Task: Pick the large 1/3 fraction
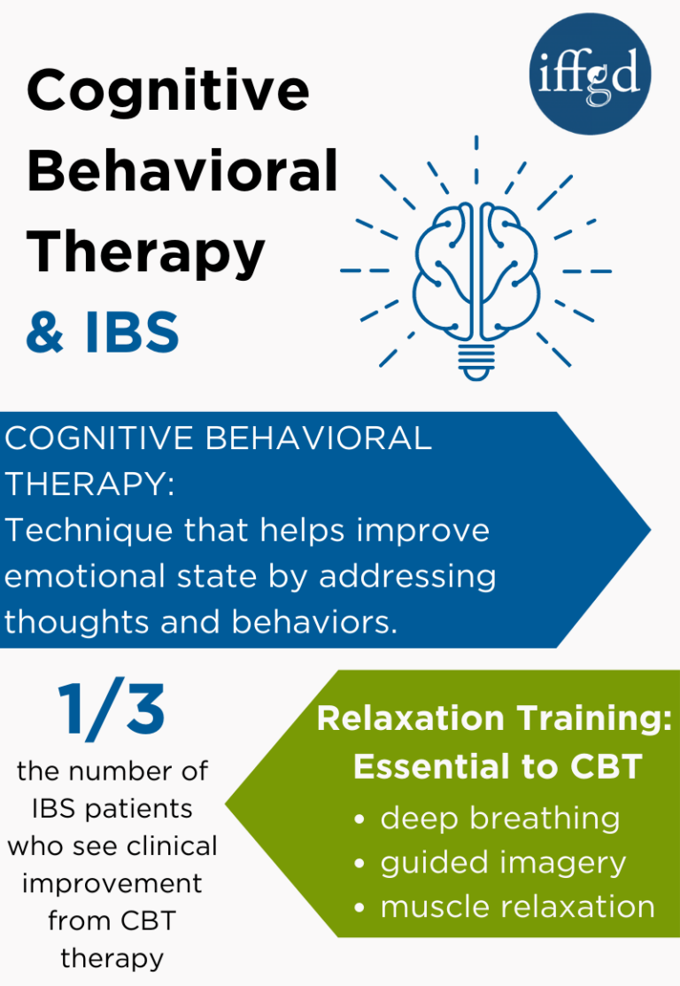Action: point(112,711)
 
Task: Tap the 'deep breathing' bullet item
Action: point(499,819)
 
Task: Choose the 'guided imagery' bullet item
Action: point(503,863)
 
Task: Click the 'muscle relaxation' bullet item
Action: point(517,907)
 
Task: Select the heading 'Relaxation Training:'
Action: point(494,719)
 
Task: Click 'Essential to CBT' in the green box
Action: point(497,767)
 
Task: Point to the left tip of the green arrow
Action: point(228,804)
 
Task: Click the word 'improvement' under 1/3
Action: point(112,883)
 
